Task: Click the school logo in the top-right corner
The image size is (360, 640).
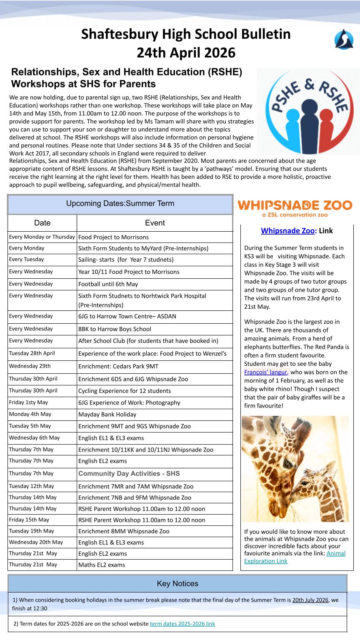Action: click(344, 40)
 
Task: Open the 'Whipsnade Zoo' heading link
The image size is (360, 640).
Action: click(287, 230)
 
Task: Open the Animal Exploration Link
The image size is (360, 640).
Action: click(295, 557)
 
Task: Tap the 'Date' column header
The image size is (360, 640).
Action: click(42, 223)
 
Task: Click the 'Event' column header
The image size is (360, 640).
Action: click(155, 223)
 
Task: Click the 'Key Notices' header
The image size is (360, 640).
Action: click(177, 583)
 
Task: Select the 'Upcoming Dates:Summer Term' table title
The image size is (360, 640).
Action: click(120, 204)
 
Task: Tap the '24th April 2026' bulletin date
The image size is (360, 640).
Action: click(186, 53)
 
